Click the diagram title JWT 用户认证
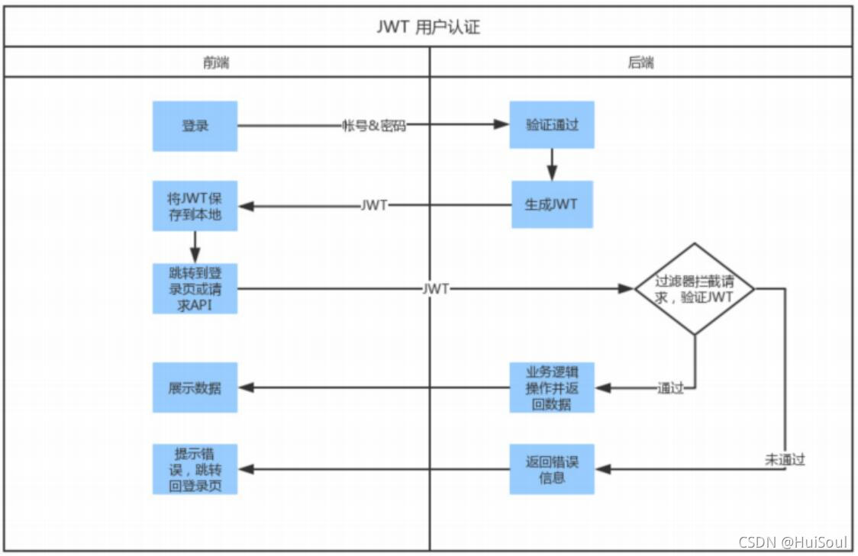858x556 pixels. coord(428,27)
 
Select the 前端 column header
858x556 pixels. coord(216,63)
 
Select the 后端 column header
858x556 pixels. coord(640,63)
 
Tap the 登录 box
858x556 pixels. coord(195,126)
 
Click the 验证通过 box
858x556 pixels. coord(551,124)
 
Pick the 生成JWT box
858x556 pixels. coord(551,204)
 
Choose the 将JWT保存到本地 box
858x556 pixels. coord(195,205)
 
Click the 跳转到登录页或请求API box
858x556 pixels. coord(195,288)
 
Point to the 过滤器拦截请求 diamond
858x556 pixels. coord(694,289)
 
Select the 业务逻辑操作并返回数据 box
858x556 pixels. coord(551,387)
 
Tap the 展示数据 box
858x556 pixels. coord(195,387)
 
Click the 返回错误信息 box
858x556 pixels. coord(551,468)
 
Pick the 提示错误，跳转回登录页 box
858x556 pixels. coord(195,468)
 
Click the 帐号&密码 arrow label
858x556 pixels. coord(373,126)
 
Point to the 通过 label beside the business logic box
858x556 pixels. coord(670,388)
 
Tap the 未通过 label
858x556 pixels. coord(785,460)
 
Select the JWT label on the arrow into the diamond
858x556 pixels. coord(435,289)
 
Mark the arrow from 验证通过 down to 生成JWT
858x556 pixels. coord(551,164)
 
